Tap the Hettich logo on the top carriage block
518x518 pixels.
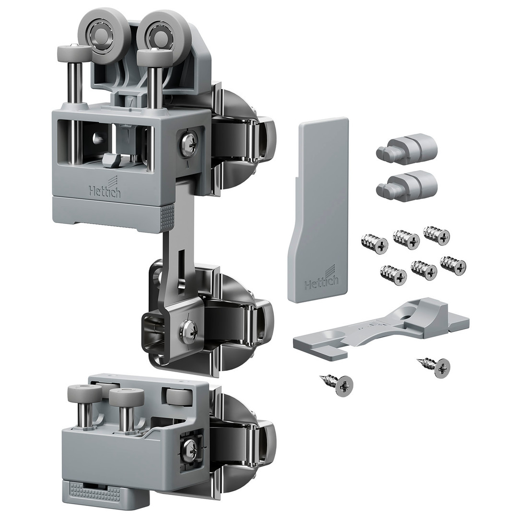105,189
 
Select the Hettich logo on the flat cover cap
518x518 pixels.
321,281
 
